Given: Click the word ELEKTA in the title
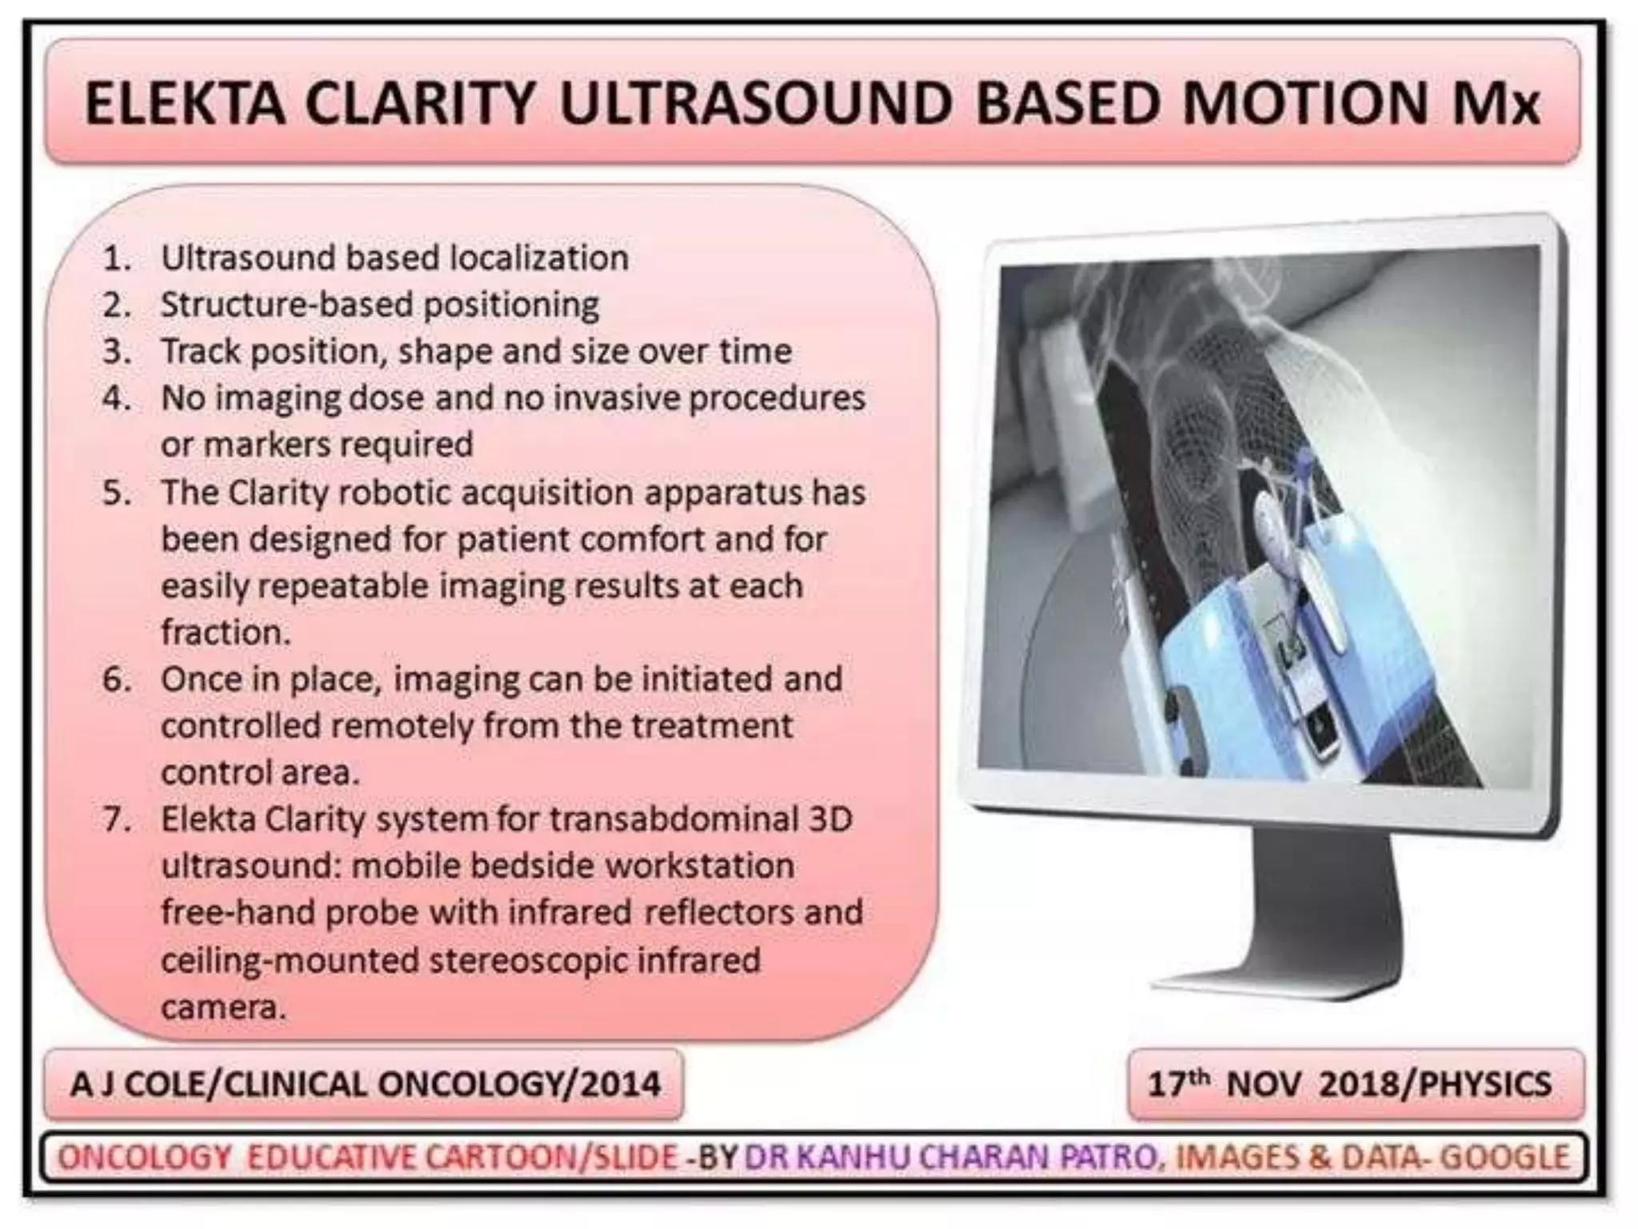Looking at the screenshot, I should click(185, 104).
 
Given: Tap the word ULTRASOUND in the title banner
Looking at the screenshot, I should click(755, 104).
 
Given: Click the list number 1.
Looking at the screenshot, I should click(117, 258).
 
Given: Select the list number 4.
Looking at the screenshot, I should click(117, 398).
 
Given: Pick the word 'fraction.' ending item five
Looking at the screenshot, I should click(226, 632).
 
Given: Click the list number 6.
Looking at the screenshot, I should click(117, 679).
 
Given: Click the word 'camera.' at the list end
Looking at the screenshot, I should click(223, 1007).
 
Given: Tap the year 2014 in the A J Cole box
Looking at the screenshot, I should click(621, 1085).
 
